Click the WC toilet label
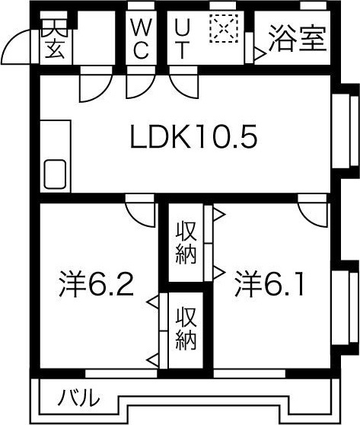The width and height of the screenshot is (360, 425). pos(142,39)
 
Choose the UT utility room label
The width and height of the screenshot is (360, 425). pos(183,39)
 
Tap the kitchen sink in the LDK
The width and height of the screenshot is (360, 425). pos(55,175)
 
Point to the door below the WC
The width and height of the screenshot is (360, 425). pos(137,85)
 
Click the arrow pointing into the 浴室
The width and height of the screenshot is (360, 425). pos(258,54)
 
